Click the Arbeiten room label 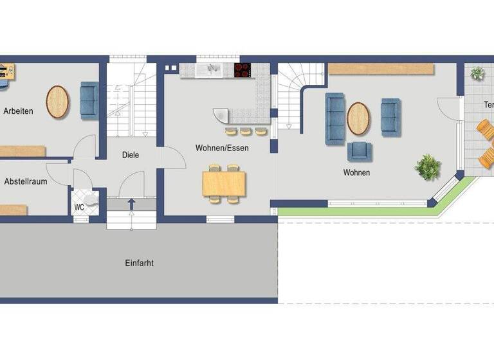[x=18, y=111]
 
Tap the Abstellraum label [x=26, y=182]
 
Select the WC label [x=79, y=207]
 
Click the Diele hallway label [x=131, y=155]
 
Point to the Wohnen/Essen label [x=222, y=148]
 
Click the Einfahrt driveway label [x=140, y=263]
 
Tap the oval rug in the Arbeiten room [x=58, y=102]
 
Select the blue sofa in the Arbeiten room [x=89, y=101]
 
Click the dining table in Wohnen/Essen [x=224, y=183]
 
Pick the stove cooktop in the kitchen [x=243, y=70]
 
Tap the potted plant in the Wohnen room [x=427, y=167]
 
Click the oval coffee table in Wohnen [x=358, y=118]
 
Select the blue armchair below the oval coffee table [x=360, y=152]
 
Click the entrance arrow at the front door [x=131, y=204]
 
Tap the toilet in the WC [x=90, y=199]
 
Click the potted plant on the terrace [x=477, y=73]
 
